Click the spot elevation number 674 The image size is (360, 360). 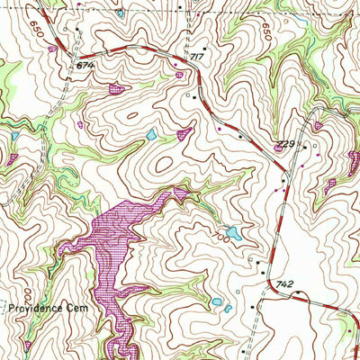tap(85, 65)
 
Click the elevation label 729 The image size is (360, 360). tap(286, 144)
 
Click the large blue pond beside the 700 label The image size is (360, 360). tap(232, 234)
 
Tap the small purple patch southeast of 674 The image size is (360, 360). tap(116, 88)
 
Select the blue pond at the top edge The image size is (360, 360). tap(121, 13)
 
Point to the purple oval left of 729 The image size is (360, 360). tap(277, 148)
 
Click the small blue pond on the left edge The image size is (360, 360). tap(13, 136)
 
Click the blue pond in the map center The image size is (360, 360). tap(151, 135)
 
